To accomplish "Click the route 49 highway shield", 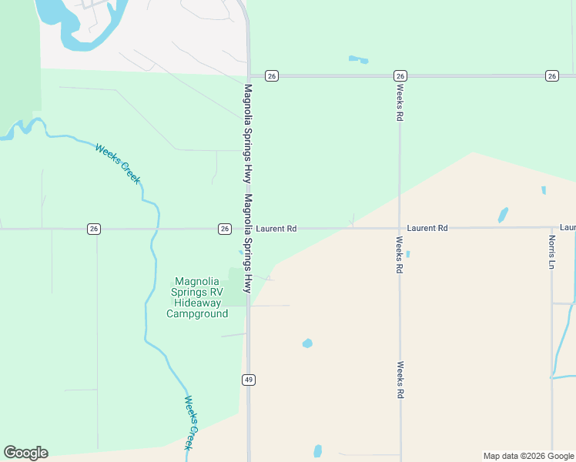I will tap(248, 380).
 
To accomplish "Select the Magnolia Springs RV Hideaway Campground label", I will tap(198, 297).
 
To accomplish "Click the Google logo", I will tap(25, 453).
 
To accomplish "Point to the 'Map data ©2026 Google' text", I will tap(528, 456).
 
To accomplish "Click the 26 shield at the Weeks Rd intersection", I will tap(400, 75).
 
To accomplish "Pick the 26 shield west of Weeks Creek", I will tap(93, 229).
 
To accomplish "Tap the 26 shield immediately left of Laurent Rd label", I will tap(224, 229).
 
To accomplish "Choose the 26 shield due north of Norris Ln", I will tap(551, 75).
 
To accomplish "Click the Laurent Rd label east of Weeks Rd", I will tap(427, 229).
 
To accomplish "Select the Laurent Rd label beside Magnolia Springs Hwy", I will tap(276, 229).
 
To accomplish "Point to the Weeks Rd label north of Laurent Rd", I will tap(400, 102).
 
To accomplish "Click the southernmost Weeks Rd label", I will tap(400, 380).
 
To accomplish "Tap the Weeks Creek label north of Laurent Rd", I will tap(119, 163).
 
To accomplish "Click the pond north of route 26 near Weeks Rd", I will tap(358, 59).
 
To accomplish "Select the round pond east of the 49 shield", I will tap(307, 343).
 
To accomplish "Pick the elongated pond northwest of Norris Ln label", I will tap(503, 214).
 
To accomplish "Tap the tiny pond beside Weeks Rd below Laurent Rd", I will tap(407, 254).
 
